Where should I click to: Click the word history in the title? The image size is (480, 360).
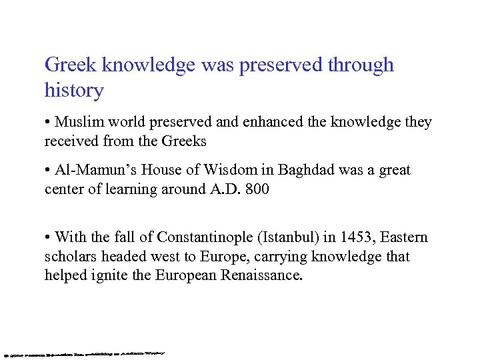(74, 90)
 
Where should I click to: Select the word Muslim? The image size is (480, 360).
(78, 122)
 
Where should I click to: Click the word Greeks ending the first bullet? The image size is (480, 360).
(185, 141)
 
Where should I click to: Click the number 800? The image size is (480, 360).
(257, 189)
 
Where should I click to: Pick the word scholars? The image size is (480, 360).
(68, 257)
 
